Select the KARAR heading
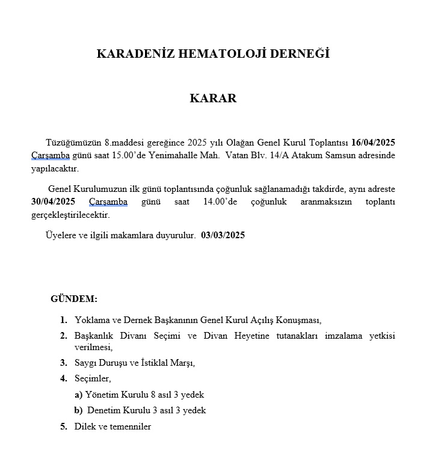(213, 98)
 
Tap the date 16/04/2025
(373, 143)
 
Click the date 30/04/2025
(53, 202)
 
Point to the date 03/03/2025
(223, 235)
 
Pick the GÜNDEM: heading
(74, 298)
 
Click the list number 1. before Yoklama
(64, 319)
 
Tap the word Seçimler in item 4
(93, 378)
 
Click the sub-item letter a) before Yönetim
(78, 395)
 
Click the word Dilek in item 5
(85, 426)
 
